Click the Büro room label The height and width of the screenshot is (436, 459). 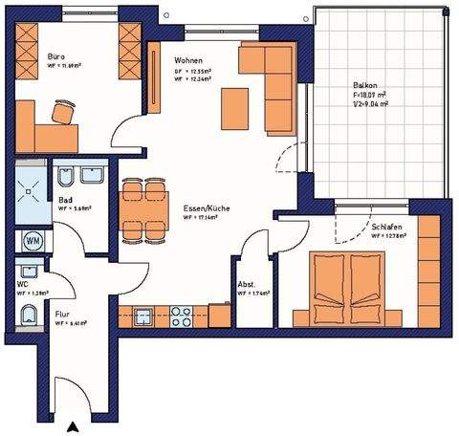click(x=56, y=56)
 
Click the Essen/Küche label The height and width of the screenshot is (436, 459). click(x=195, y=207)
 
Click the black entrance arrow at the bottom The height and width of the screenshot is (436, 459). click(x=70, y=426)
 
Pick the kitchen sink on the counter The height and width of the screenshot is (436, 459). click(x=145, y=315)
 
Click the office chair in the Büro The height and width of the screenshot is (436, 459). click(x=63, y=112)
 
